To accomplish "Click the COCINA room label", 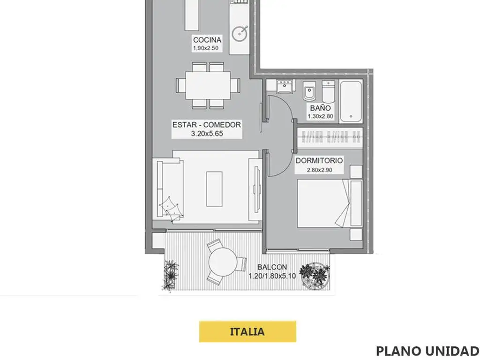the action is (207, 40).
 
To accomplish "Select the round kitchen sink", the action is (240, 33).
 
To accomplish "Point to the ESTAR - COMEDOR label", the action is (207, 125).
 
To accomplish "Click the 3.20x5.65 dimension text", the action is (207, 134).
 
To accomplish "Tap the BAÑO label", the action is (320, 108).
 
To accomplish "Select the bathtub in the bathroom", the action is (351, 102).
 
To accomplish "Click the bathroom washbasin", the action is (285, 86).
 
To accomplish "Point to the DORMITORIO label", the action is (319, 160).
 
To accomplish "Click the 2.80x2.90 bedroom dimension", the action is (320, 170).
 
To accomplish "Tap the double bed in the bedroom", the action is (330, 203).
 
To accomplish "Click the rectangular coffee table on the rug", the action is (214, 189).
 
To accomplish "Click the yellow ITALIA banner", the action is (247, 331).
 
